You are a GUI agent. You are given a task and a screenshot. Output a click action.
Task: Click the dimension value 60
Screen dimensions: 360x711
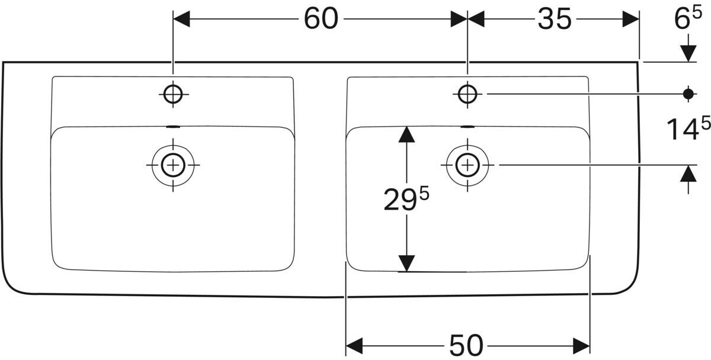pyautogui.click(x=321, y=19)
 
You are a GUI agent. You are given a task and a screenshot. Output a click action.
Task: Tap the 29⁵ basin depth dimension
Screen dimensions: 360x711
pyautogui.click(x=406, y=200)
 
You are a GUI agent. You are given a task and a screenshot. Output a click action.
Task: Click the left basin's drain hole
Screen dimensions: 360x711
pyautogui.click(x=172, y=165)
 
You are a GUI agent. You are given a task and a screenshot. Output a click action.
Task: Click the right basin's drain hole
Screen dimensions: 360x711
pyautogui.click(x=467, y=165)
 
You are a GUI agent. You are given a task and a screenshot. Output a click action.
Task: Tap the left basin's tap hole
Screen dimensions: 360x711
pyautogui.click(x=172, y=94)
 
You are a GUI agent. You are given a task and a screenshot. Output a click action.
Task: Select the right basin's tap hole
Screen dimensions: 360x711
pyautogui.click(x=467, y=94)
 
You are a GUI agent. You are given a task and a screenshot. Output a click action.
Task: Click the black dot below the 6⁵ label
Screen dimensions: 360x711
pyautogui.click(x=688, y=94)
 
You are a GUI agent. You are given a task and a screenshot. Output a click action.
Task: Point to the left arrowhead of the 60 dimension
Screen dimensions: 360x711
pyautogui.click(x=181, y=19)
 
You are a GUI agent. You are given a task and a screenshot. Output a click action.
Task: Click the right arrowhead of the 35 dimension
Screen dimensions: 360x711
pyautogui.click(x=631, y=19)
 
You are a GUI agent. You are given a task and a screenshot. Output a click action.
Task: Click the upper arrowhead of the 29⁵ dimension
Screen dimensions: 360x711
pyautogui.click(x=406, y=134)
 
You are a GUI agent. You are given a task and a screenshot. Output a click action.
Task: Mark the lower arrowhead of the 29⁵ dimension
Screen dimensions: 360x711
pyautogui.click(x=406, y=263)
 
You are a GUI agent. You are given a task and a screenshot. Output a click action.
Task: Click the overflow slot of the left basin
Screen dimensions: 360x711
pyautogui.click(x=172, y=126)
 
